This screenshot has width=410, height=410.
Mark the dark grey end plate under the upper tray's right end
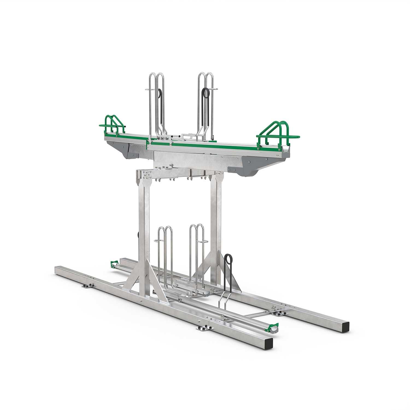tap(246, 168)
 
